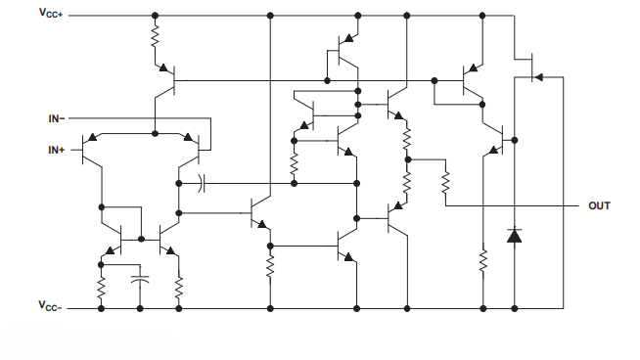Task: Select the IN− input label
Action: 56,118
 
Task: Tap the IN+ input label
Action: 56,150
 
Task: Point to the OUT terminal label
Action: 599,206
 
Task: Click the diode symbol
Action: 515,235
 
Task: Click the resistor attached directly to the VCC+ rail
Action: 155,37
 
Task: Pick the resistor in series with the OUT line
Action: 445,182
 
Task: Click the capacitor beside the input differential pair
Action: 202,182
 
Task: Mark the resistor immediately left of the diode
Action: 482,260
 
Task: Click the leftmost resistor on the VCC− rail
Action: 101,286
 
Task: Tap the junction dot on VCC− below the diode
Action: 515,307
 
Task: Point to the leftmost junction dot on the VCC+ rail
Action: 155,16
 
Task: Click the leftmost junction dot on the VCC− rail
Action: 101,307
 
